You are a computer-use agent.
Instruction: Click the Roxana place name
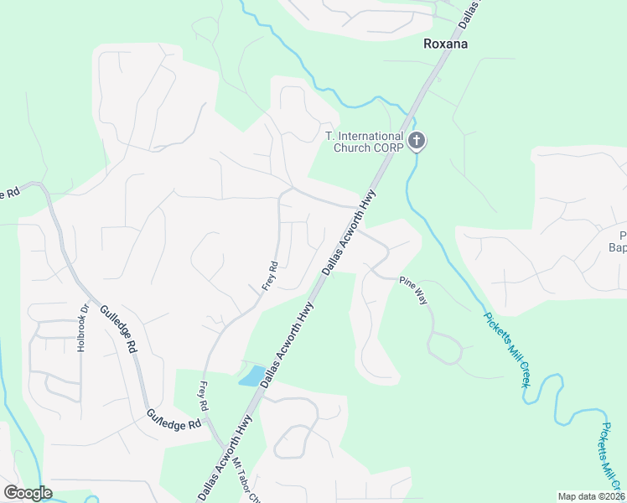[445, 44]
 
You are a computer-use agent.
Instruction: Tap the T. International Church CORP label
[365, 143]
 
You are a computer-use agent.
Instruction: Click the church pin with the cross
[417, 142]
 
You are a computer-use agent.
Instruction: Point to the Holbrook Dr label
[82, 327]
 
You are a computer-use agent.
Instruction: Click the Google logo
[28, 493]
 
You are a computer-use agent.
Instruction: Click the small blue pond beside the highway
[251, 376]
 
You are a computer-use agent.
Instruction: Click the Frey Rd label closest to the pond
[203, 395]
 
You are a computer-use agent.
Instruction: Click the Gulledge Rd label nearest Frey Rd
[174, 419]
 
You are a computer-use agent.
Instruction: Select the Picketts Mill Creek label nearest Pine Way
[506, 349]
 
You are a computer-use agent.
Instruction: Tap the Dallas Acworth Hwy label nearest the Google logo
[225, 460]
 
